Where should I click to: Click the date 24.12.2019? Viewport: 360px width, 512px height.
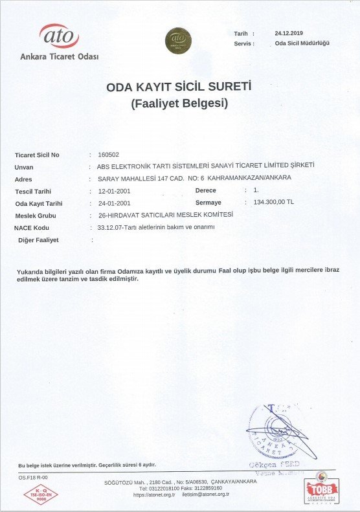(289, 32)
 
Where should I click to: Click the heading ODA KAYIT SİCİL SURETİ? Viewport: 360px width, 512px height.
(179, 87)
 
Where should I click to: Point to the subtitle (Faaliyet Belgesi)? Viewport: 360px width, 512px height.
(179, 102)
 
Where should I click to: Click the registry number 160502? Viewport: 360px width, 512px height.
(108, 155)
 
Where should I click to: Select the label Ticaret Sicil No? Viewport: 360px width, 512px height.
(37, 155)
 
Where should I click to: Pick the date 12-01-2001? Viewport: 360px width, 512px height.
(115, 191)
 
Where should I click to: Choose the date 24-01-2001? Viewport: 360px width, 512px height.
(115, 203)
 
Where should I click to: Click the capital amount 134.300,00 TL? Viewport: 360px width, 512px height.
(275, 202)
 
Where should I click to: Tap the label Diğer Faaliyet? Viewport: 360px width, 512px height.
(39, 240)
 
